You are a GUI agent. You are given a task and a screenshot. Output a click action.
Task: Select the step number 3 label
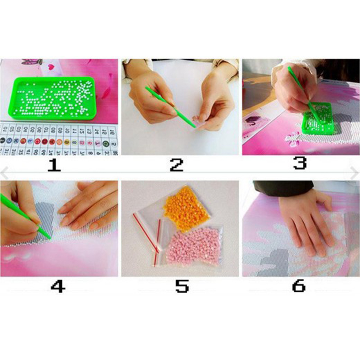(299, 163)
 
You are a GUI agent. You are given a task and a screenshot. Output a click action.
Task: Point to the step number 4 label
(58, 286)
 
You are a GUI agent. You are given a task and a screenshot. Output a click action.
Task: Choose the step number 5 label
(182, 286)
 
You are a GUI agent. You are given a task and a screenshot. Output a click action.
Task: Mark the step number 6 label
(299, 286)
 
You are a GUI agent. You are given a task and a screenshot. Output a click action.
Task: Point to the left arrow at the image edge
(4, 173)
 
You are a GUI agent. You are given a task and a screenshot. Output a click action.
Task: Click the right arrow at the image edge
(355, 173)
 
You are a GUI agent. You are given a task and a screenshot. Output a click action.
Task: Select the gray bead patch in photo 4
(45, 216)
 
